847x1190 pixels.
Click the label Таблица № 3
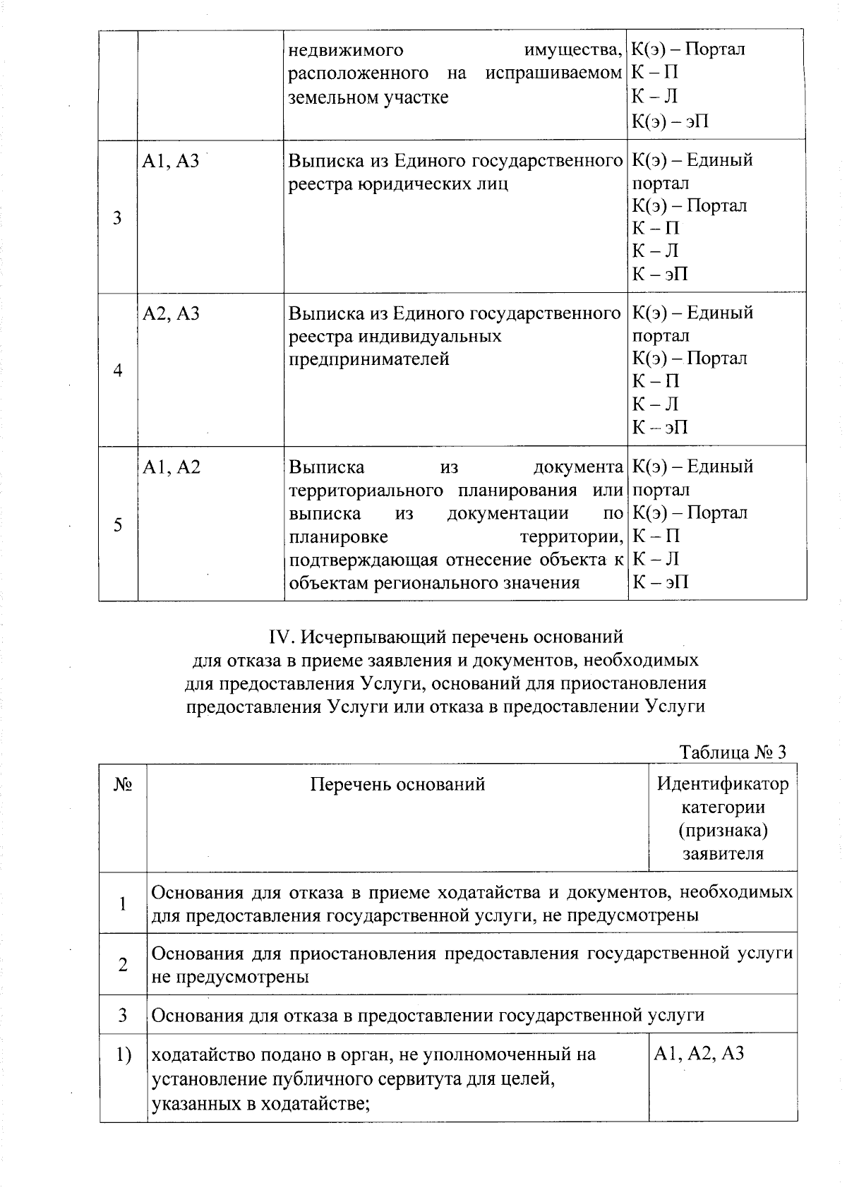[732, 752]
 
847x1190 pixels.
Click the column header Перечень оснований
[397, 784]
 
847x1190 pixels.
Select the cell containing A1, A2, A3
[699, 1054]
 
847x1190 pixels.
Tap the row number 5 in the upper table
[118, 524]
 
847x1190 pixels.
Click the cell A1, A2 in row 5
[171, 467]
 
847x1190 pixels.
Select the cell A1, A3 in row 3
[171, 162]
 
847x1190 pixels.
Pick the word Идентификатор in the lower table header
[723, 783]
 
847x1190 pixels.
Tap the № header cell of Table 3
[122, 784]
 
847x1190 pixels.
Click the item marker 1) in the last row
[124, 1054]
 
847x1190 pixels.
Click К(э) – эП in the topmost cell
[669, 121]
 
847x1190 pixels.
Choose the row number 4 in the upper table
[118, 371]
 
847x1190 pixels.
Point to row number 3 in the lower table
[123, 1015]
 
